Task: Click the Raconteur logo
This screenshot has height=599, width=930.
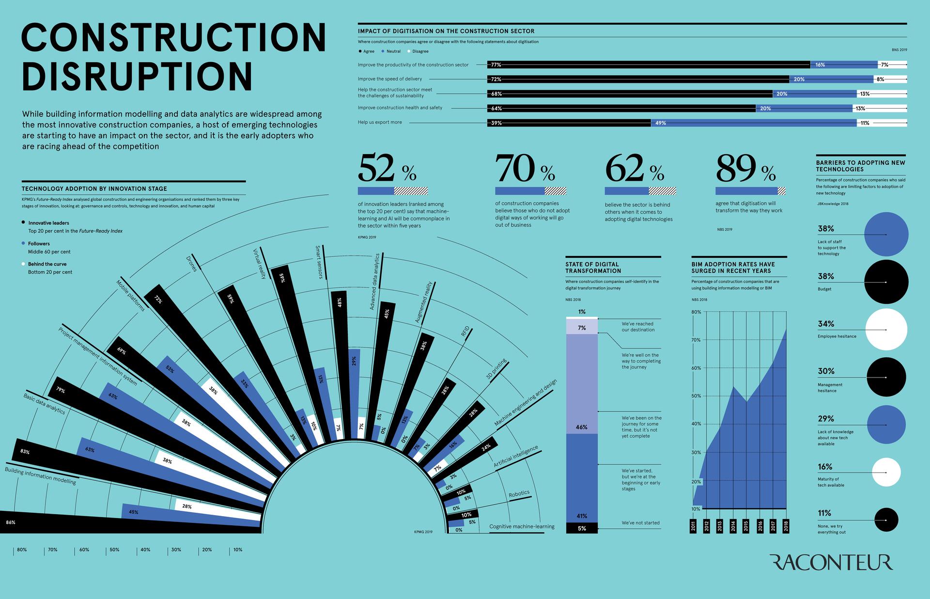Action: [831, 563]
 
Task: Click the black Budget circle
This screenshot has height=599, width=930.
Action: [886, 282]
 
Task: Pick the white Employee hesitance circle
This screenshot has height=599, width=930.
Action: [886, 330]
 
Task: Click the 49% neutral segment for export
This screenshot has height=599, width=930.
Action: [754, 123]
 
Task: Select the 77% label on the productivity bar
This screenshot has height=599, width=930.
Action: [496, 65]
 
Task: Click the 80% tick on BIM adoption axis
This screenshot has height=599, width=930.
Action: [696, 312]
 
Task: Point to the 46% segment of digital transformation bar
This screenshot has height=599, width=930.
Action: [582, 427]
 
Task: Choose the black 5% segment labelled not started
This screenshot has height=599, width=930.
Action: [582, 528]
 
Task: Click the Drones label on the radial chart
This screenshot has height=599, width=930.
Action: [191, 263]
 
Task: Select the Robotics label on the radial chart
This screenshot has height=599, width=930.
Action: [519, 494]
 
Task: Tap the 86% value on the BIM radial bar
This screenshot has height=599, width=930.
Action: [11, 522]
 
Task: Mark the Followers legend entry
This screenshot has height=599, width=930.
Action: [39, 244]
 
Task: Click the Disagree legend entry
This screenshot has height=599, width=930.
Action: [420, 51]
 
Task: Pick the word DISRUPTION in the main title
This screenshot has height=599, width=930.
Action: [137, 76]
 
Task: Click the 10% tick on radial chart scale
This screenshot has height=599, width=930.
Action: [237, 550]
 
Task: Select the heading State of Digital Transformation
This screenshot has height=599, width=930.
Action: [593, 268]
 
